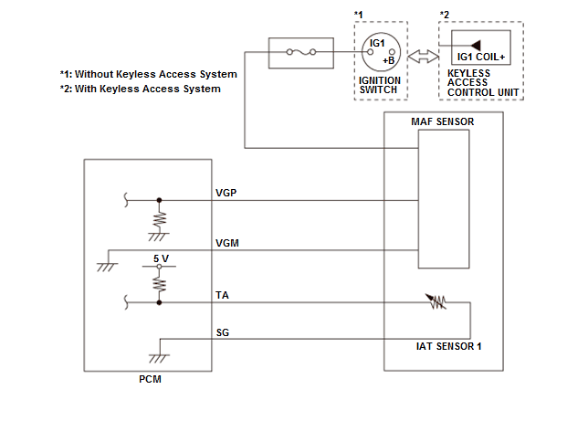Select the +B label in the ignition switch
pyautogui.click(x=388, y=59)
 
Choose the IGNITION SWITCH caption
pyautogui.click(x=380, y=86)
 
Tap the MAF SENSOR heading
pyautogui.click(x=442, y=121)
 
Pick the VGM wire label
pyautogui.click(x=226, y=242)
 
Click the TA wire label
pyautogui.click(x=222, y=294)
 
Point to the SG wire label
pyautogui.click(x=222, y=332)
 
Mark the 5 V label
pyautogui.click(x=161, y=258)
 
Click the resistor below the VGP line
pyautogui.click(x=160, y=219)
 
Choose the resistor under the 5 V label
pyautogui.click(x=160, y=282)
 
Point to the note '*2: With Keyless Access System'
pyautogui.click(x=139, y=89)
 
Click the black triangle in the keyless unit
pyautogui.click(x=475, y=44)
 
